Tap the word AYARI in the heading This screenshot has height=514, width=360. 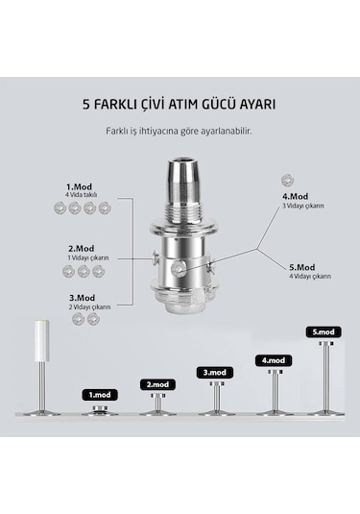pyautogui.click(x=254, y=105)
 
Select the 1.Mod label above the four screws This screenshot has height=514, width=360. pyautogui.click(x=79, y=187)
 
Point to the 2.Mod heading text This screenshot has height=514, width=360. pyautogui.click(x=81, y=249)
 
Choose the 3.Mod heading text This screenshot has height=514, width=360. pyautogui.click(x=82, y=298)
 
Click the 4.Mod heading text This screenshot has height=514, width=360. pyautogui.click(x=295, y=196)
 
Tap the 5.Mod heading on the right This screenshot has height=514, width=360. pyautogui.click(x=302, y=267)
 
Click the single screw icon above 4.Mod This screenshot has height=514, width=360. pyautogui.click(x=287, y=180)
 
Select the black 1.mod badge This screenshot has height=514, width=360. pyautogui.click(x=100, y=395)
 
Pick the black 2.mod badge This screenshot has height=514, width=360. pyautogui.click(x=157, y=384)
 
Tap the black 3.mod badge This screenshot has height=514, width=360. pyautogui.click(x=214, y=373)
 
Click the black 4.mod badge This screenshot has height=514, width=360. pyautogui.click(x=274, y=360)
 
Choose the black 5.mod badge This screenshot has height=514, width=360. pyautogui.click(x=324, y=332)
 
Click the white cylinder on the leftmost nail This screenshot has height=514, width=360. pyautogui.click(x=42, y=341)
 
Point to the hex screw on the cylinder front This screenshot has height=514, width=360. pyautogui.click(x=178, y=269)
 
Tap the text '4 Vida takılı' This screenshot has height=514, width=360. pyautogui.click(x=81, y=195)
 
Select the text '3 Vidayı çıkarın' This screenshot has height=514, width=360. pyautogui.click(x=303, y=206)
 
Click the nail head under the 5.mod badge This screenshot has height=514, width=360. pyautogui.click(x=326, y=344)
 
